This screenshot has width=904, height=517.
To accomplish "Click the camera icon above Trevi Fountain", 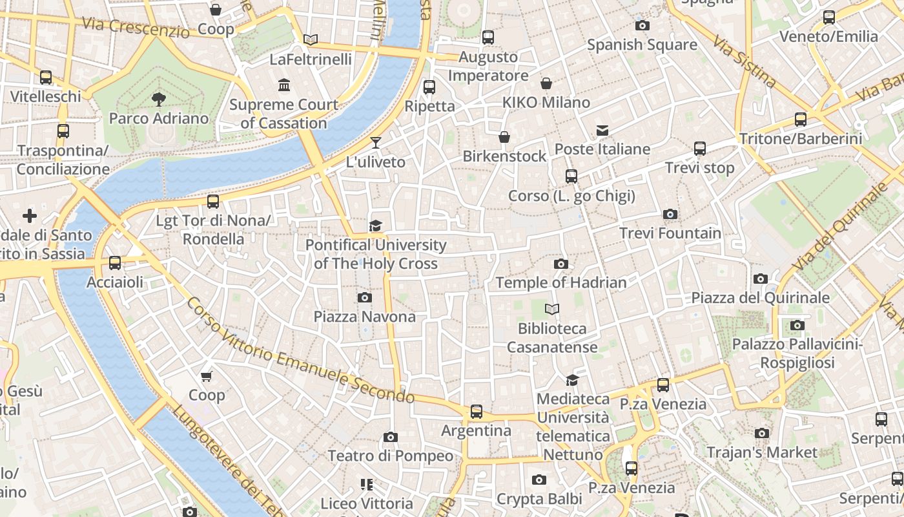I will point(670,214).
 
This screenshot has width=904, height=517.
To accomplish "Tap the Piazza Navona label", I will point(364,317).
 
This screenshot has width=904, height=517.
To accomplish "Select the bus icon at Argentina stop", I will point(477,411).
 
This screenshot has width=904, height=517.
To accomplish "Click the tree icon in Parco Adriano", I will point(158,99).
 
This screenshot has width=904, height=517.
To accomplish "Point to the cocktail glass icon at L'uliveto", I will point(376,143).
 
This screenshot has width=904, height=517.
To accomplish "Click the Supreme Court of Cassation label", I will point(284,114).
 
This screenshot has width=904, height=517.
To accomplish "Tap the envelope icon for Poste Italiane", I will point(602,131).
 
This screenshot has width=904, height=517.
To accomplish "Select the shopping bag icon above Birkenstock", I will point(504,137).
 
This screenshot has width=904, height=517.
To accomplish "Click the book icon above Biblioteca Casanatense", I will point(551,309).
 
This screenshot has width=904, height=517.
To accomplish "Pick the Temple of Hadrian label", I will point(560,282).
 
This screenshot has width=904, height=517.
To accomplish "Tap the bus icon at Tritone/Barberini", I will point(801,120).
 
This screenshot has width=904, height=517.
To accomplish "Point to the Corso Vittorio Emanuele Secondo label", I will point(300,352).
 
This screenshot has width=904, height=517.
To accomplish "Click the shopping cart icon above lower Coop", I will point(207,376).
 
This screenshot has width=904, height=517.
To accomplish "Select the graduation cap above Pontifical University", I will point(375,226).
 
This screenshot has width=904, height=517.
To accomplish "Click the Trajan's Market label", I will point(762,452).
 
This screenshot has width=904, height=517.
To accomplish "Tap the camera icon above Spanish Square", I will point(642,25).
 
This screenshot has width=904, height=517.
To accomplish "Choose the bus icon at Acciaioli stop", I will point(115,263).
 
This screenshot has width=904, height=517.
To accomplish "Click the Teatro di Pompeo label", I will point(390,456).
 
